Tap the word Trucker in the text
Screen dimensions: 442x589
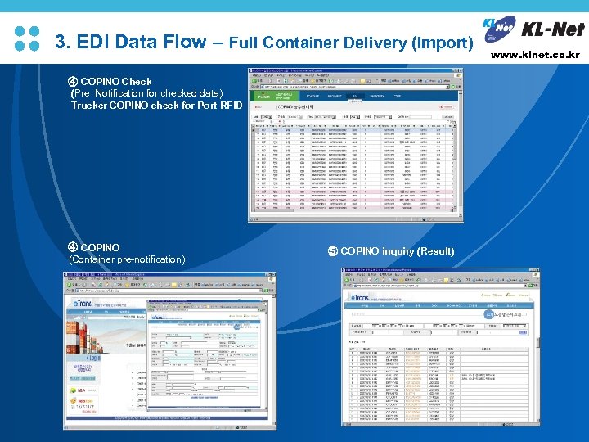coord(88,106)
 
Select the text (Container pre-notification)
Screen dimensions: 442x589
coord(127,259)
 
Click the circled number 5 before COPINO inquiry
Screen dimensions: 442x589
coord(332,251)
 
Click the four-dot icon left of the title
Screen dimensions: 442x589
coord(28,38)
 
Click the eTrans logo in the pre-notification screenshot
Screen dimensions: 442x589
coord(92,304)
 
